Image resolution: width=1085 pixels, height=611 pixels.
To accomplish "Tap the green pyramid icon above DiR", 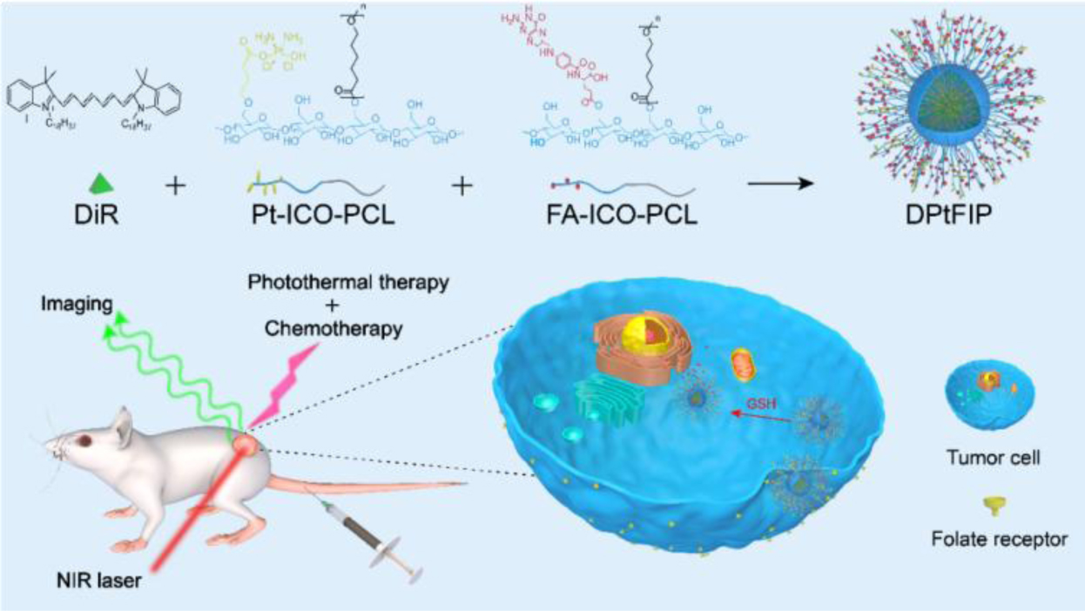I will (x=103, y=184).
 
